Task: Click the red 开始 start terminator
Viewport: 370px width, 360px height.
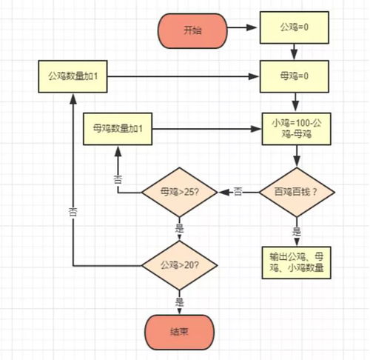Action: coord(192,30)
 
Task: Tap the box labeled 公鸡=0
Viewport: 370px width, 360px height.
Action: coord(296,30)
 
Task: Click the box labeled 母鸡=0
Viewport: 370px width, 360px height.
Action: coord(296,75)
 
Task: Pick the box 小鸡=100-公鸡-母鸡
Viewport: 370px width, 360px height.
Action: coord(296,130)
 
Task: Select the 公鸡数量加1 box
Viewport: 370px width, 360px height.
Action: coord(73,75)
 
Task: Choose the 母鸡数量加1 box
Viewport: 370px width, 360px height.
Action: coord(118,130)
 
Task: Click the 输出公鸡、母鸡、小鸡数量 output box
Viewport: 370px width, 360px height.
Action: coord(296,261)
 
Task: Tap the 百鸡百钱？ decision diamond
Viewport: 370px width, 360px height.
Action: coord(296,192)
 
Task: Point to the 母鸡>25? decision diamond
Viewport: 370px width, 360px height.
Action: coord(179,192)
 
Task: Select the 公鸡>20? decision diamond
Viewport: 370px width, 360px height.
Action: coord(179,264)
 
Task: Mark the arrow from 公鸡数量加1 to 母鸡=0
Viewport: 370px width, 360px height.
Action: coord(185,75)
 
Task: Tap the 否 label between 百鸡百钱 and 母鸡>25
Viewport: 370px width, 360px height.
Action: coord(238,192)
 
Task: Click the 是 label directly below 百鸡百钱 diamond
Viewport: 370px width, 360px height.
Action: coord(296,230)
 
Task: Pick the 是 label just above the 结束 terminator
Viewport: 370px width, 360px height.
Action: coord(179,301)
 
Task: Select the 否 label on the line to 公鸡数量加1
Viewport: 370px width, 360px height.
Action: coord(73,210)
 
